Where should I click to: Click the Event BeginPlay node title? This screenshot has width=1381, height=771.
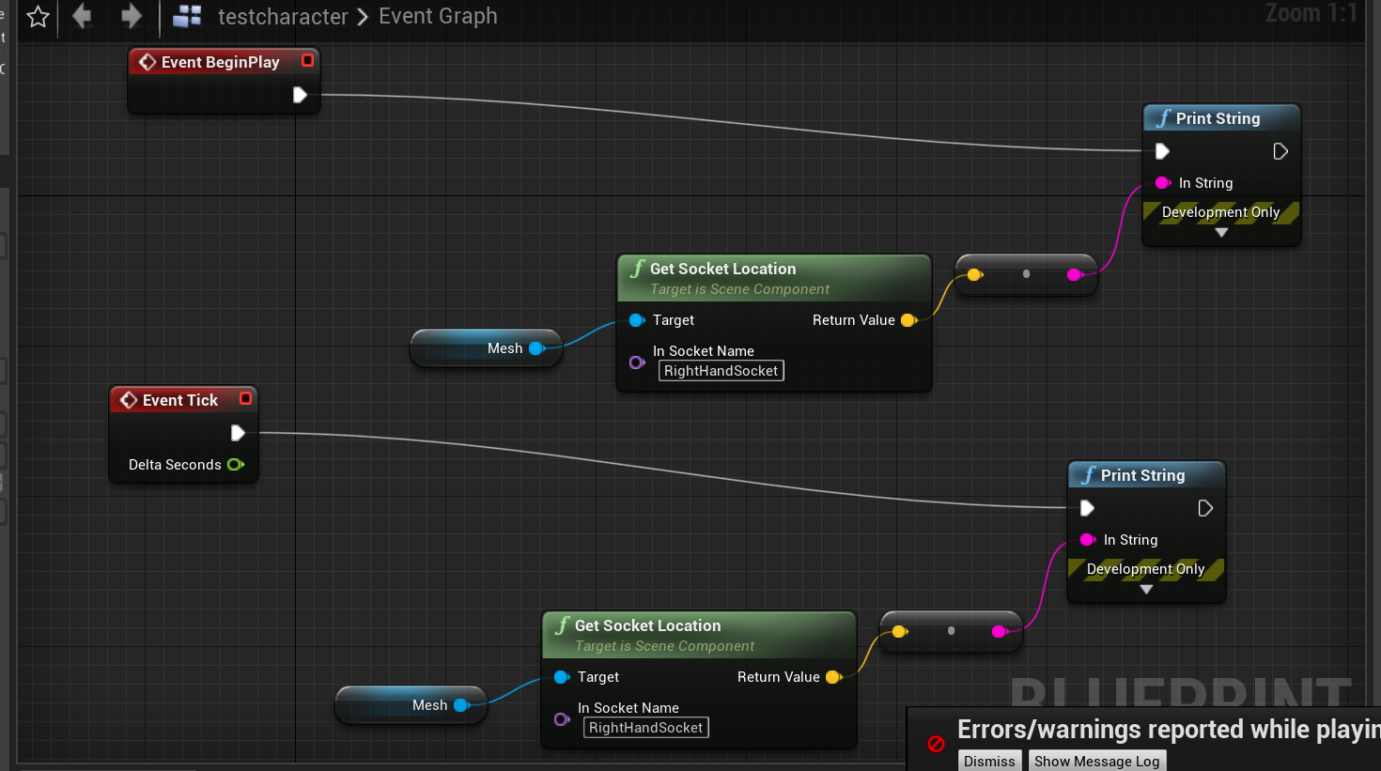(x=220, y=62)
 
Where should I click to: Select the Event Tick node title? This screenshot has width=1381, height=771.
(x=179, y=400)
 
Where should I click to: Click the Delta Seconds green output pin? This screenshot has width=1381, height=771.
(x=235, y=465)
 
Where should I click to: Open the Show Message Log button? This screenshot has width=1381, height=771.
(x=1096, y=761)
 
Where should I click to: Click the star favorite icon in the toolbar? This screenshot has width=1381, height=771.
(x=39, y=17)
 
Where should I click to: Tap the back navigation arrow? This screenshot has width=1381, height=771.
(x=82, y=16)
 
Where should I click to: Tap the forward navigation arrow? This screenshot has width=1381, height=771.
(x=132, y=16)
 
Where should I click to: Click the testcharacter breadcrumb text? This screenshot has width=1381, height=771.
(x=283, y=17)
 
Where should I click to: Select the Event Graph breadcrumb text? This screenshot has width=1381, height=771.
(x=438, y=17)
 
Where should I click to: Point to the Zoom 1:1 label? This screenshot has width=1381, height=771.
(x=1311, y=13)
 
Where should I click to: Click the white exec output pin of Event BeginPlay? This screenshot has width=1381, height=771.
(x=300, y=95)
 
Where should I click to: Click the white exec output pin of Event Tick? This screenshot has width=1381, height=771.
(x=238, y=433)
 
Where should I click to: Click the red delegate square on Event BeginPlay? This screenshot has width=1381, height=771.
(x=307, y=60)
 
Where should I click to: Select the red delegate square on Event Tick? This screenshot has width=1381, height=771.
(x=245, y=398)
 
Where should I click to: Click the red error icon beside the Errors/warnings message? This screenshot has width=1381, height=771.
(x=936, y=744)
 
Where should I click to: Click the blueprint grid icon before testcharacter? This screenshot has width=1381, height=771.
(x=187, y=16)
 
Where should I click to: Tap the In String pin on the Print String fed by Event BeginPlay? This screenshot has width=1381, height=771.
(x=1162, y=183)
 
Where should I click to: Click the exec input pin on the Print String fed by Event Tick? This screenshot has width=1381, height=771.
(x=1087, y=508)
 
